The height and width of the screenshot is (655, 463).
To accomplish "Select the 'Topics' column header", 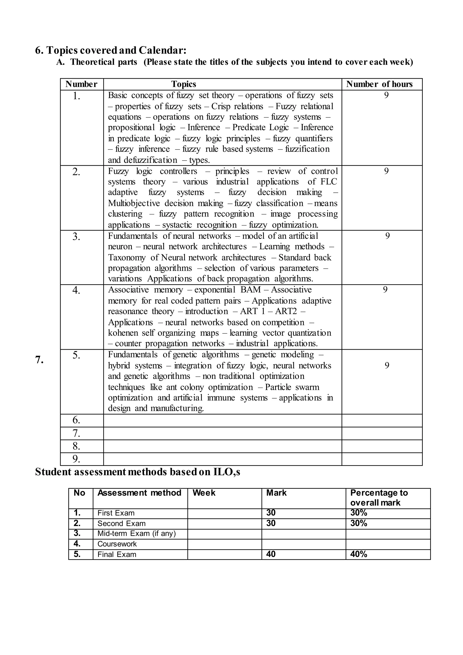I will point(184,84).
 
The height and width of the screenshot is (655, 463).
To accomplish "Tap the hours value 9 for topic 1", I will point(386,95).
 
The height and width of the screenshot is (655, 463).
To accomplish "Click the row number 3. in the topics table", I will point(76,237).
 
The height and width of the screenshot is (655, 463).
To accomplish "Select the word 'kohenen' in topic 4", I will point(123,333).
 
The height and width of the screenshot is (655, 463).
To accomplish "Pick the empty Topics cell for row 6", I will point(222,420).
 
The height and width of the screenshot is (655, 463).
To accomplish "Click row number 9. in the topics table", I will point(76,459).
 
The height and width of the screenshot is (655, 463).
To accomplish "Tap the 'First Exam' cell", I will point(116,513).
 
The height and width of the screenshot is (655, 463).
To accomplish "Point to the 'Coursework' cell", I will point(117,544).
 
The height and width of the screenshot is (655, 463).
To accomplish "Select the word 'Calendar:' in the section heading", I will point(163,50).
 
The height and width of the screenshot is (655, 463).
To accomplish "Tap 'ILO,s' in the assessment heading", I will point(227,472).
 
